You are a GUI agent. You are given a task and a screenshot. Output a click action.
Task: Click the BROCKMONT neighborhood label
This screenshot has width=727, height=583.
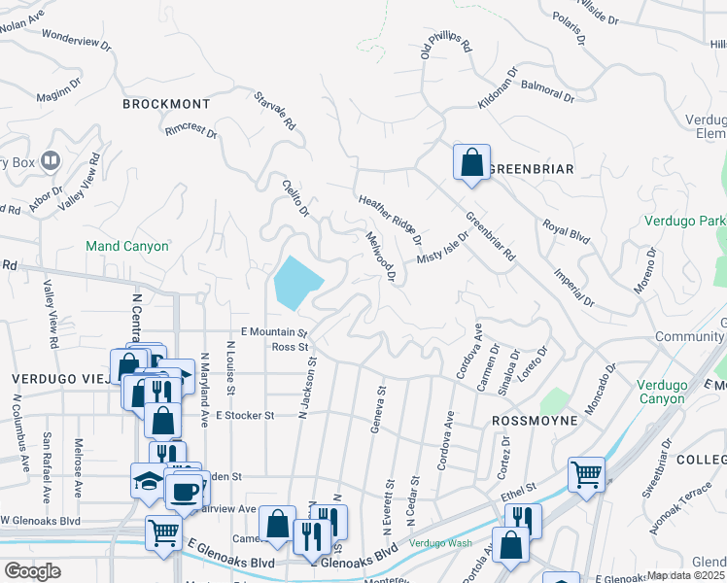click(166, 103)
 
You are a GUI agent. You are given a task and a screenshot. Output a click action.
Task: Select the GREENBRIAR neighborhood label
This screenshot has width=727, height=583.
click(531, 169)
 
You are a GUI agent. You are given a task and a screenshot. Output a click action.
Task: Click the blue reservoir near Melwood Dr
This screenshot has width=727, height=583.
click(297, 282)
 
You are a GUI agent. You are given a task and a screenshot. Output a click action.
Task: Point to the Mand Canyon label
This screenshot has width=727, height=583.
click(127, 246)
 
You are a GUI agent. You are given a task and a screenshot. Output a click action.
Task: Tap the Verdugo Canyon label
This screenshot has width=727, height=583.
click(668, 391)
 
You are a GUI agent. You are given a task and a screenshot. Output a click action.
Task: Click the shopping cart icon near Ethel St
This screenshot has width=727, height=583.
click(586, 474)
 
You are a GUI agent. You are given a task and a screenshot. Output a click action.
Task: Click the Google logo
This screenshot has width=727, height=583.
click(33, 571)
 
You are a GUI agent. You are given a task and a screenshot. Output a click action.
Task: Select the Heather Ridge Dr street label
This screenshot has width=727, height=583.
click(390, 219)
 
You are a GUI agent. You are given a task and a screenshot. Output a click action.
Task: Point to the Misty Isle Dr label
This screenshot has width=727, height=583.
click(443, 247)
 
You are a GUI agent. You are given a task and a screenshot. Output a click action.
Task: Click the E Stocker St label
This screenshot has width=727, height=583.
click(245, 415)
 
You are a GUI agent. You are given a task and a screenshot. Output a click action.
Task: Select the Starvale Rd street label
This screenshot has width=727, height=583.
click(274, 112)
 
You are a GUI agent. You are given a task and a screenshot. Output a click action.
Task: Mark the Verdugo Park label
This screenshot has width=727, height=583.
click(685, 221)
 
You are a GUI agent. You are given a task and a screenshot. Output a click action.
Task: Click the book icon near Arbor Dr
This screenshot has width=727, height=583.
click(51, 161)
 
